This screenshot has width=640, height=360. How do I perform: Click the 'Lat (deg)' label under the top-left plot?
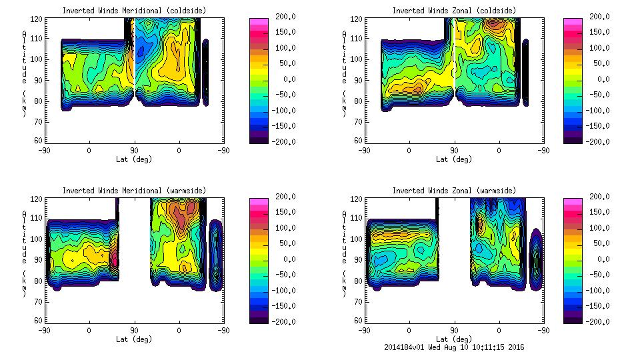pos(134,159)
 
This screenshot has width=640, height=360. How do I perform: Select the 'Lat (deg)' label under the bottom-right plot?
pos(455,339)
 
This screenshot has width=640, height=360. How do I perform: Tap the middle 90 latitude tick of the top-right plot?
pos(455,151)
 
